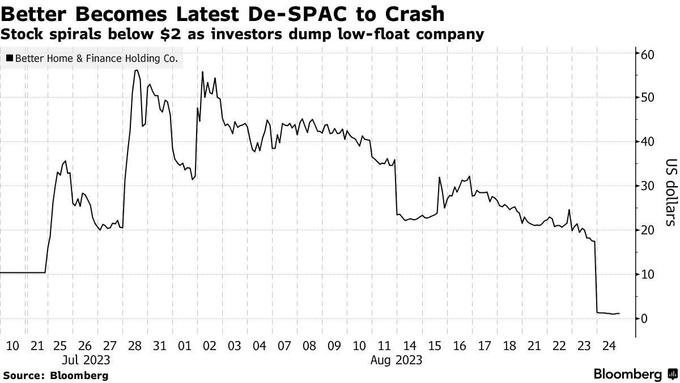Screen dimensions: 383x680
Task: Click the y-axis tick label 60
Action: coord(648,54)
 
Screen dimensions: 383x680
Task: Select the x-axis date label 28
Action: coord(135,346)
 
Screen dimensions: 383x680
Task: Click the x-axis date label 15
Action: coord(435,346)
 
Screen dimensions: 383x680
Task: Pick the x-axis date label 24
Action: coord(610,346)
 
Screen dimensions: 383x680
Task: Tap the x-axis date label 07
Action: coord(284,346)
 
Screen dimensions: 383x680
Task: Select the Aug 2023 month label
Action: coord(397,360)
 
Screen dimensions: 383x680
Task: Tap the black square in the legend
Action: coord(9,58)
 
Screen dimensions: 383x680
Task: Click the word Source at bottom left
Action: coord(23,376)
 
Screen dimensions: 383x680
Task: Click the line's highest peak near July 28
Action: coord(136,70)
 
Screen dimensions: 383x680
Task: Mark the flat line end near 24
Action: coord(619,313)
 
